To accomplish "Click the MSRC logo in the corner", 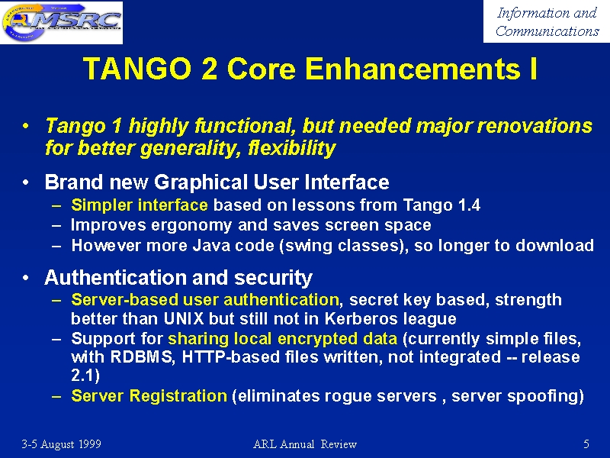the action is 62,22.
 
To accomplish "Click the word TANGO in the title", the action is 137,69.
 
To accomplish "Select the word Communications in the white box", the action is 547,31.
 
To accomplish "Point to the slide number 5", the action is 586,444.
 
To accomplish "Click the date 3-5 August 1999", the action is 62,444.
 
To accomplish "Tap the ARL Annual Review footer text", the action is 305,444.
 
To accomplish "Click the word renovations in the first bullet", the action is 535,126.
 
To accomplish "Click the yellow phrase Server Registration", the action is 149,395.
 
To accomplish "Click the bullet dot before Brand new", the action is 25,182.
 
